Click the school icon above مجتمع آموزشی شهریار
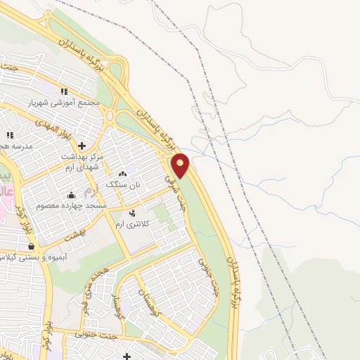click(64, 91)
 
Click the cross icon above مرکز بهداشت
click(82, 146)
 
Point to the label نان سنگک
click(123, 184)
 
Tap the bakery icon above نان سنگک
click(123, 174)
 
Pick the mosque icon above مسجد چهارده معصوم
click(70, 195)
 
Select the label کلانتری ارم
click(130, 223)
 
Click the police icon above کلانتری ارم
click(133, 212)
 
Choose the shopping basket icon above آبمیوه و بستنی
click(31, 247)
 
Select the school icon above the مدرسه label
click(10, 134)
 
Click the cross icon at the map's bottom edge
click(127, 356)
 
